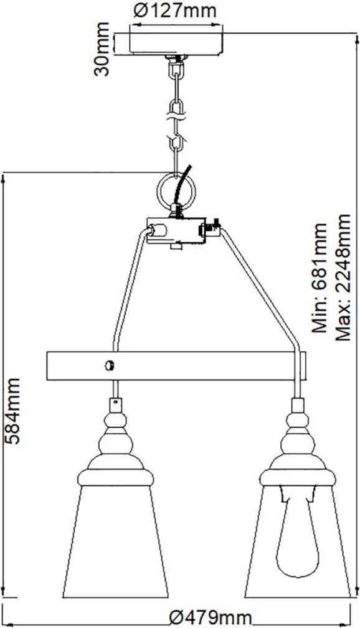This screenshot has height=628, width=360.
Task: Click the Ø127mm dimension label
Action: tap(176, 11)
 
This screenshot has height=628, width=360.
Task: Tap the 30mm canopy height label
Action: tap(102, 49)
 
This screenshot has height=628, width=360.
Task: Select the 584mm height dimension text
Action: tap(12, 411)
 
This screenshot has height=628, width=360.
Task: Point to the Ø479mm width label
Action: tap(211, 618)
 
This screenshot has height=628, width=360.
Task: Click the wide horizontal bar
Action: tap(176, 366)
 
